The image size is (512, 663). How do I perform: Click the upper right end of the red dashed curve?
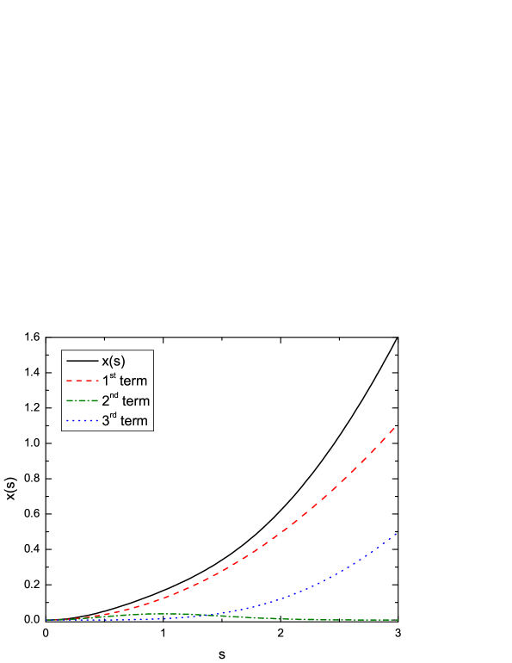coord(396,427)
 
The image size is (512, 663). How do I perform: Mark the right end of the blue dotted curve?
coord(397,534)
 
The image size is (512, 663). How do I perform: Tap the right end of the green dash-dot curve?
coord(397,620)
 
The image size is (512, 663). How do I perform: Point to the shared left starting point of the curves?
coord(47,620)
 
